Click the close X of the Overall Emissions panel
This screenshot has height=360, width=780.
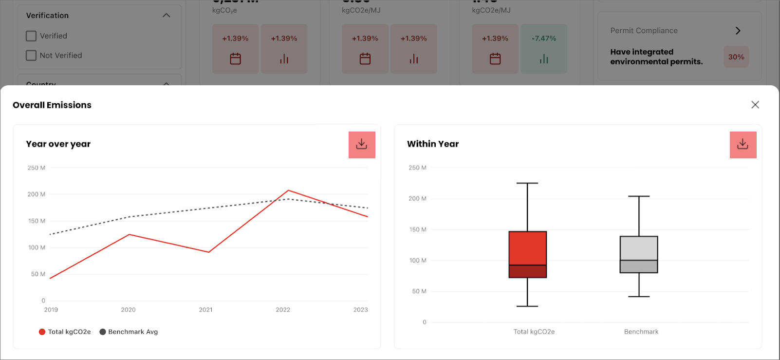(x=755, y=105)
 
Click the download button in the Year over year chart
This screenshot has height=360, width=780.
(x=362, y=145)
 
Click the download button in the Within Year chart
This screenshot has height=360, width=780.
(x=743, y=145)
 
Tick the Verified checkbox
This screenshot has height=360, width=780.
(x=31, y=36)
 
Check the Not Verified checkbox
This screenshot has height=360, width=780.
(x=31, y=56)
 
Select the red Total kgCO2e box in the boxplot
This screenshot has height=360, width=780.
(x=528, y=248)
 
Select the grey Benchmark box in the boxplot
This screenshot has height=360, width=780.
(x=639, y=248)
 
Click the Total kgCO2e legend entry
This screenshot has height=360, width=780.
(x=65, y=332)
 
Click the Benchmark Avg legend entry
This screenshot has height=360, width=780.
(x=129, y=332)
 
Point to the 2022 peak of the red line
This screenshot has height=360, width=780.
(x=288, y=190)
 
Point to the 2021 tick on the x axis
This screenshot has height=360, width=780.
(x=205, y=310)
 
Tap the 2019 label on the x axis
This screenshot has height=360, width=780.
(x=51, y=310)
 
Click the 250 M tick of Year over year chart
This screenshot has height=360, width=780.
(x=37, y=168)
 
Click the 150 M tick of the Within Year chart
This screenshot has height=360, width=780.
(x=418, y=229)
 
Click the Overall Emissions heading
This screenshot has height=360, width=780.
(x=52, y=105)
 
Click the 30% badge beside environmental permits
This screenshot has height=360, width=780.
(x=736, y=57)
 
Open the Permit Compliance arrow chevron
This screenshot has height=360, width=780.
(x=738, y=31)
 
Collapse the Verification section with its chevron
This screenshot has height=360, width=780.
(x=167, y=16)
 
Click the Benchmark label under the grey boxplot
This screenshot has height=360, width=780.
(x=641, y=332)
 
